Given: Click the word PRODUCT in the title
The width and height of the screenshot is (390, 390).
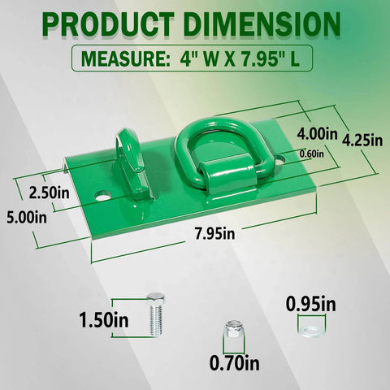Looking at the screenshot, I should click(x=112, y=24).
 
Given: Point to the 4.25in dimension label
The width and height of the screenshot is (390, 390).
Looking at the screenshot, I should click(x=362, y=140).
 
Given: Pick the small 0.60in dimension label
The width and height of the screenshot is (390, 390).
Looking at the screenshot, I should click(x=310, y=153).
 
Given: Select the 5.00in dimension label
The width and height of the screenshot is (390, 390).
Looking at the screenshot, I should click(x=24, y=217).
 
